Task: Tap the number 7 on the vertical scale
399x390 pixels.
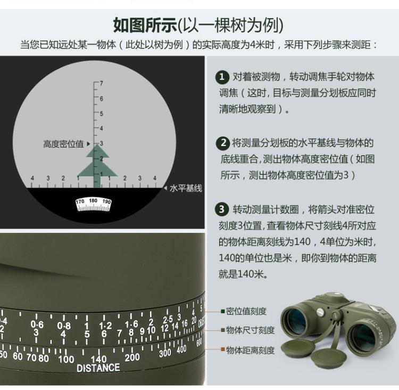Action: tap(101, 84)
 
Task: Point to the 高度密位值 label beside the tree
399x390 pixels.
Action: tap(63, 144)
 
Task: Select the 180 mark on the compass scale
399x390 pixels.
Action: tap(93, 201)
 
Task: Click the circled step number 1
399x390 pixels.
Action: tap(222, 77)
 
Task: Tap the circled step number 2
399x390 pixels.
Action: tap(222, 143)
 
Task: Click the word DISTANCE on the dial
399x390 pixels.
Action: tap(98, 368)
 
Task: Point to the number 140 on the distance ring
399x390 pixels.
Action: tap(99, 359)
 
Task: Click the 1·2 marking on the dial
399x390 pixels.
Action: tap(105, 326)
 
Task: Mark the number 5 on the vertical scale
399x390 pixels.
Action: tap(101, 113)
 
